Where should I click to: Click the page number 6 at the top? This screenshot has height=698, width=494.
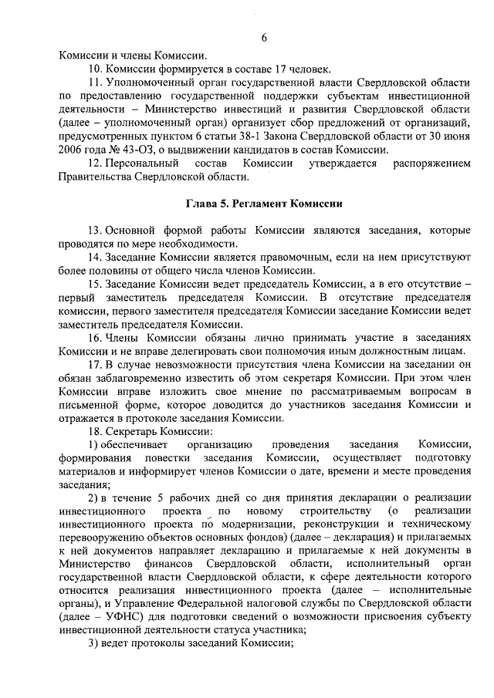click(x=264, y=38)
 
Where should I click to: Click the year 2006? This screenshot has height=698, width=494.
click(x=71, y=150)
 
